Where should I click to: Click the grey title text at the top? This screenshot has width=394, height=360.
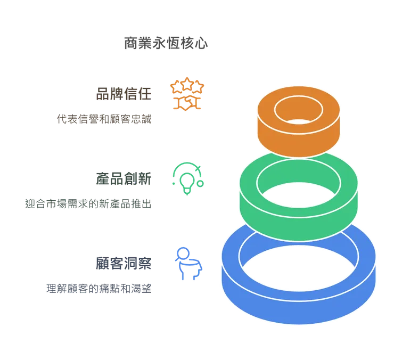click(x=165, y=43)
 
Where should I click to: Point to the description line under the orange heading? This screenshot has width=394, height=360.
click(x=104, y=118)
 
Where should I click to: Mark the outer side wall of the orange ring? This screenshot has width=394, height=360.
click(x=298, y=141)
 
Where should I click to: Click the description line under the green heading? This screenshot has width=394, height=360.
click(x=88, y=202)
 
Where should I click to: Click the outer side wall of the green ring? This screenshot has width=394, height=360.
click(x=298, y=224)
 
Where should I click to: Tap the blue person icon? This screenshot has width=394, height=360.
click(x=187, y=264)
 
